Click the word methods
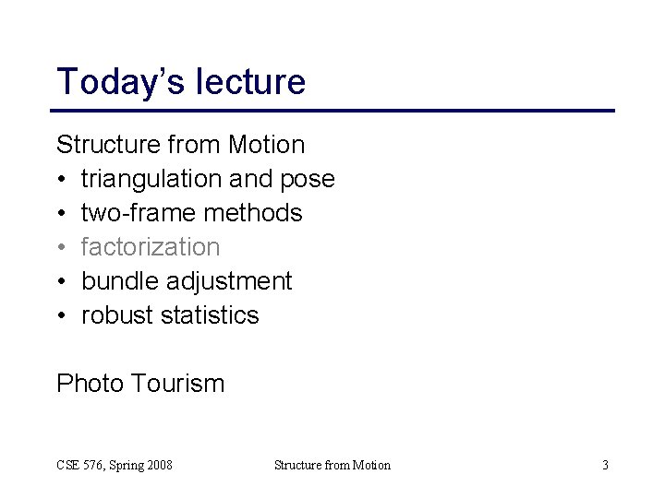[x=253, y=213]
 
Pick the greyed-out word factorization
[x=151, y=247]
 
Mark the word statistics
[x=210, y=315]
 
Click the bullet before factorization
[x=62, y=247]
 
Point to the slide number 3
[x=605, y=465]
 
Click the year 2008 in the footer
[x=159, y=465]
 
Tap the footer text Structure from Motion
[x=332, y=465]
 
